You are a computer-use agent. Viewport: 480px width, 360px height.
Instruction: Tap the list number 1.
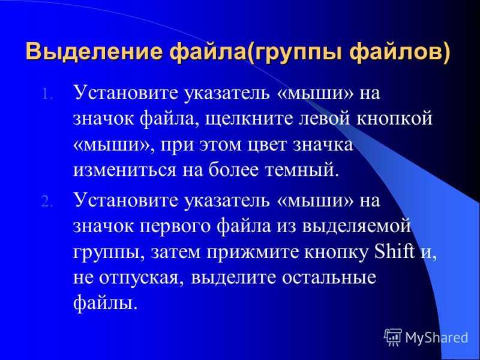[x=47, y=94]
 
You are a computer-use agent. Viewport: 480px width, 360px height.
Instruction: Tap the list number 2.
[x=47, y=202]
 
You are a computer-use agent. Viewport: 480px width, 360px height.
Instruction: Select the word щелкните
[x=249, y=119]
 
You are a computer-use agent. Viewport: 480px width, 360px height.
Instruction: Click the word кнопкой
[x=394, y=118]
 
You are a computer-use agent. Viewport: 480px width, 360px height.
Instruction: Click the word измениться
[x=125, y=171]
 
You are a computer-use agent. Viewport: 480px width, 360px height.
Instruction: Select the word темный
[x=302, y=170]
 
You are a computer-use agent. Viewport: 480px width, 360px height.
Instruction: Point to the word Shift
[x=395, y=251]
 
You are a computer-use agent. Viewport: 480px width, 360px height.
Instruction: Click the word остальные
[x=329, y=277]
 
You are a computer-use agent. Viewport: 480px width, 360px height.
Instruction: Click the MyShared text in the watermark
[x=437, y=337]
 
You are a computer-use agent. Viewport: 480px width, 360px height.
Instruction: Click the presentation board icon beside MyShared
[x=393, y=337]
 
